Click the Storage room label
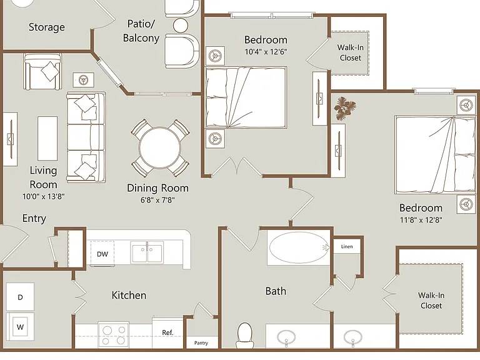[x=46, y=27]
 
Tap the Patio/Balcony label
[x=141, y=31]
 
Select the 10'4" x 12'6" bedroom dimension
[x=266, y=52]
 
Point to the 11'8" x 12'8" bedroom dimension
[x=421, y=220]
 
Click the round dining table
[x=159, y=147]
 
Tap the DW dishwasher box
[x=102, y=254]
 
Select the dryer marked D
[x=20, y=297]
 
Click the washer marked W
[x=20, y=327]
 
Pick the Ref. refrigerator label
[x=167, y=332]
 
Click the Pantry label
[x=201, y=343]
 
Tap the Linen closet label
[x=347, y=246]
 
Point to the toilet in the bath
[x=245, y=336]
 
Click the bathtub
[x=299, y=247]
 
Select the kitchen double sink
[x=147, y=252]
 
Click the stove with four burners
[x=114, y=335]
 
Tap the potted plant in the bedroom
[x=345, y=107]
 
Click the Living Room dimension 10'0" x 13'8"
[x=44, y=196]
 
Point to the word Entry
[x=34, y=218]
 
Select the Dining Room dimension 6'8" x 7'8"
[x=157, y=200]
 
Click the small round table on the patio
[x=181, y=26]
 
